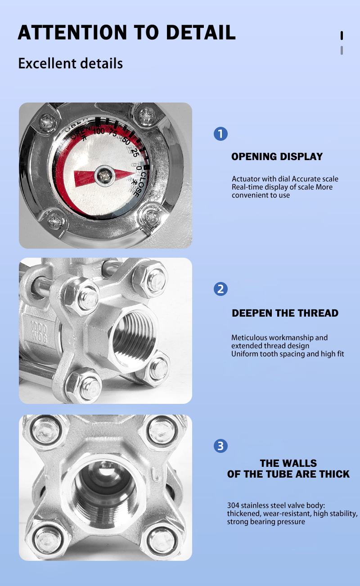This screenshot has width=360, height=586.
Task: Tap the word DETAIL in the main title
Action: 201,32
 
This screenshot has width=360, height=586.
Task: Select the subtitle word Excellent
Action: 47,63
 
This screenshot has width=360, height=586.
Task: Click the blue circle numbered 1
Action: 220,134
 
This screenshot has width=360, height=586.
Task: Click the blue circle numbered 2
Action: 220,289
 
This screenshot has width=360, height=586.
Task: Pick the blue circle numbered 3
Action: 220,446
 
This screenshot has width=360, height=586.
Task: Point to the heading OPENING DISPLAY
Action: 277,157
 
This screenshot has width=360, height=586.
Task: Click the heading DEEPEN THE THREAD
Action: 285,313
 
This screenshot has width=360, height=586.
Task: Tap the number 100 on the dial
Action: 99,130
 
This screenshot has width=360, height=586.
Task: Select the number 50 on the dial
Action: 126,141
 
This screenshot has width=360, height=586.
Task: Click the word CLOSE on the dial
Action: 140,184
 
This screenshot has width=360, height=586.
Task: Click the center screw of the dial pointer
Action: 104,176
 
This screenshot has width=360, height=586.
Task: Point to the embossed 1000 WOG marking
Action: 39,331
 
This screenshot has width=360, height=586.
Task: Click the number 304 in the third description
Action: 233,505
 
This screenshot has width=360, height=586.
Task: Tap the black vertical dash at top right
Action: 342,36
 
